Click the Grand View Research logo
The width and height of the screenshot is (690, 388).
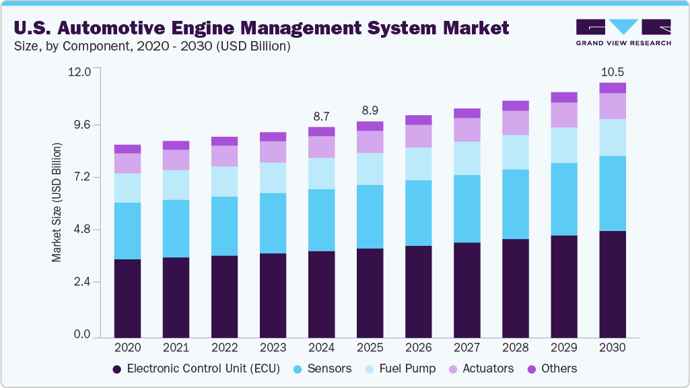623,32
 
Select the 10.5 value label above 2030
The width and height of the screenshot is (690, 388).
612,71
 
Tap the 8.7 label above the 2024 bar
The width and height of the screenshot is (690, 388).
321,116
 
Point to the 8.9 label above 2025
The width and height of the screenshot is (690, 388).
370,110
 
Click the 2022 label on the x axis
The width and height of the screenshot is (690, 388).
224,348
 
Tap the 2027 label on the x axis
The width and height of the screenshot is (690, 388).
467,348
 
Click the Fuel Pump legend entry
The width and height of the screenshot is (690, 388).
401,368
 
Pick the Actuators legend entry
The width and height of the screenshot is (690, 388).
482,368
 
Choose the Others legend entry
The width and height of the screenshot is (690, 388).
552,368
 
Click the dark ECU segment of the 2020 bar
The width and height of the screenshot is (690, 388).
127,298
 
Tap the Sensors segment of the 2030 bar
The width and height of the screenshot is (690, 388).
613,193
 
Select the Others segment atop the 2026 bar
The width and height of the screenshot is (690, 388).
418,120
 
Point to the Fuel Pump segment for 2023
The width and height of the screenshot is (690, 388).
273,178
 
